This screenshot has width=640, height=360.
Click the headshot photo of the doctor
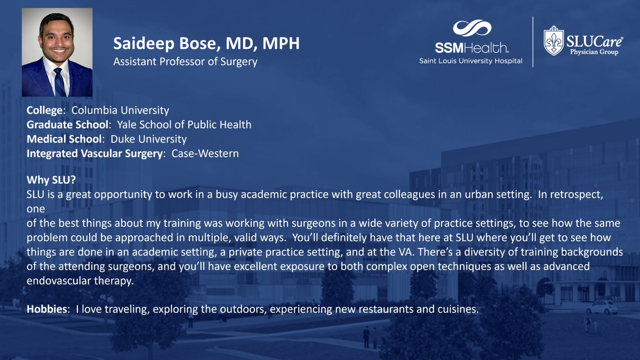coord(57,52)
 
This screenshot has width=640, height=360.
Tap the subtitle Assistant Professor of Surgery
coord(185,61)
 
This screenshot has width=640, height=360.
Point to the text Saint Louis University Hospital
coord(470,61)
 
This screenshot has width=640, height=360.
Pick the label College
coord(46,111)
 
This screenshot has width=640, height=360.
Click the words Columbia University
coord(120,111)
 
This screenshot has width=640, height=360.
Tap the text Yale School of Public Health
coord(185,125)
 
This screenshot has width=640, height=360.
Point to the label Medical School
coord(63,140)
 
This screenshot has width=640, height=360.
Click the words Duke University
coord(149,140)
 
